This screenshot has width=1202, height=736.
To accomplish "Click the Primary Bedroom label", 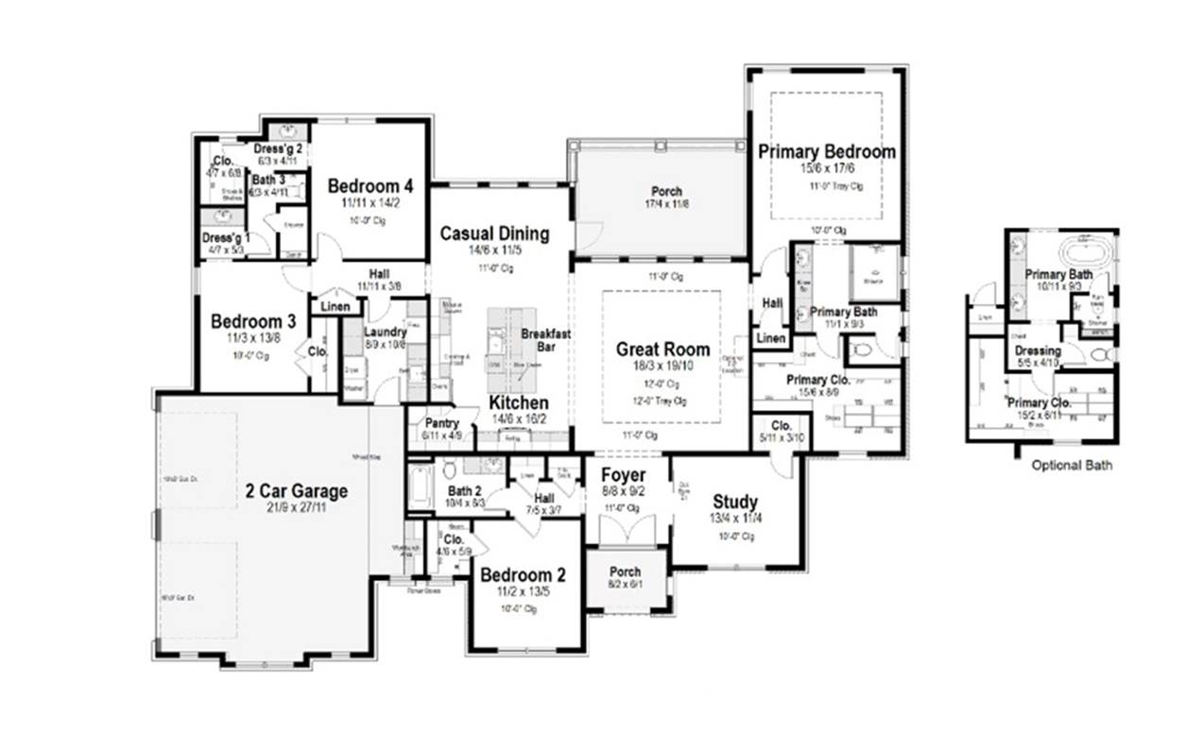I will pos(826,151).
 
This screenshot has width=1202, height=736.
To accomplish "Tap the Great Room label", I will pos(662,349).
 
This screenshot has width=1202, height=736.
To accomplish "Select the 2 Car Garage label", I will pos(297,491).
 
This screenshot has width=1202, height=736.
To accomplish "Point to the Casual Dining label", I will pos(494,233).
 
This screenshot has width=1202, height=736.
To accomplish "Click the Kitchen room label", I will pos(519,402).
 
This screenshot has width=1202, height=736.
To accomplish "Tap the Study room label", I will pos(735,502).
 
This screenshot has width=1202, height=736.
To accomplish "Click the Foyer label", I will pos(624,474).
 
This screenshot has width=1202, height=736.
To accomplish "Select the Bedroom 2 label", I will pos(523,575).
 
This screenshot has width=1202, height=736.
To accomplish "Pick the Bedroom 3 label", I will pos(253,321).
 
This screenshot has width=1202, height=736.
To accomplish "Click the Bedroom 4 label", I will pos(370,186).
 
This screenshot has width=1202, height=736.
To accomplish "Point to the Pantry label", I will pos(442,423).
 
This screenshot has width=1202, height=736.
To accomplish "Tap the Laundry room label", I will pos(387,333).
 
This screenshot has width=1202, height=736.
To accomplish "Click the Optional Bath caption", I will pos(1072,465).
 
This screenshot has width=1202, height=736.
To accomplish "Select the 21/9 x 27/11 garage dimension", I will pos(297,508).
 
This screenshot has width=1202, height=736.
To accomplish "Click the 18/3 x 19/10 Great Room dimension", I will pos(662,366).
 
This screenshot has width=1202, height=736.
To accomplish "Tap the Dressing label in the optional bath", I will pos(1038,351).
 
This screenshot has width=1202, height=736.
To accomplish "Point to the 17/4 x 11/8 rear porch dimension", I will pos(664,204).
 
